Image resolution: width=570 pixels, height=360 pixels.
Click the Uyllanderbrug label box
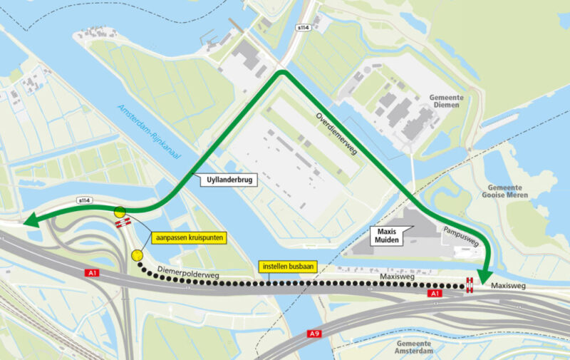pos(226,181)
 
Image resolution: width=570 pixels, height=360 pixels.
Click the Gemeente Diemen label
pos(446,101)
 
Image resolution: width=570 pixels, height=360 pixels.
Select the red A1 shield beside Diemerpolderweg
pos(91,273)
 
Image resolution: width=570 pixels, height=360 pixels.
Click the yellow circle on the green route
pos(120,211)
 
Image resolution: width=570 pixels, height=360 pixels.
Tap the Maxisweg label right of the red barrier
pos(509,286)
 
